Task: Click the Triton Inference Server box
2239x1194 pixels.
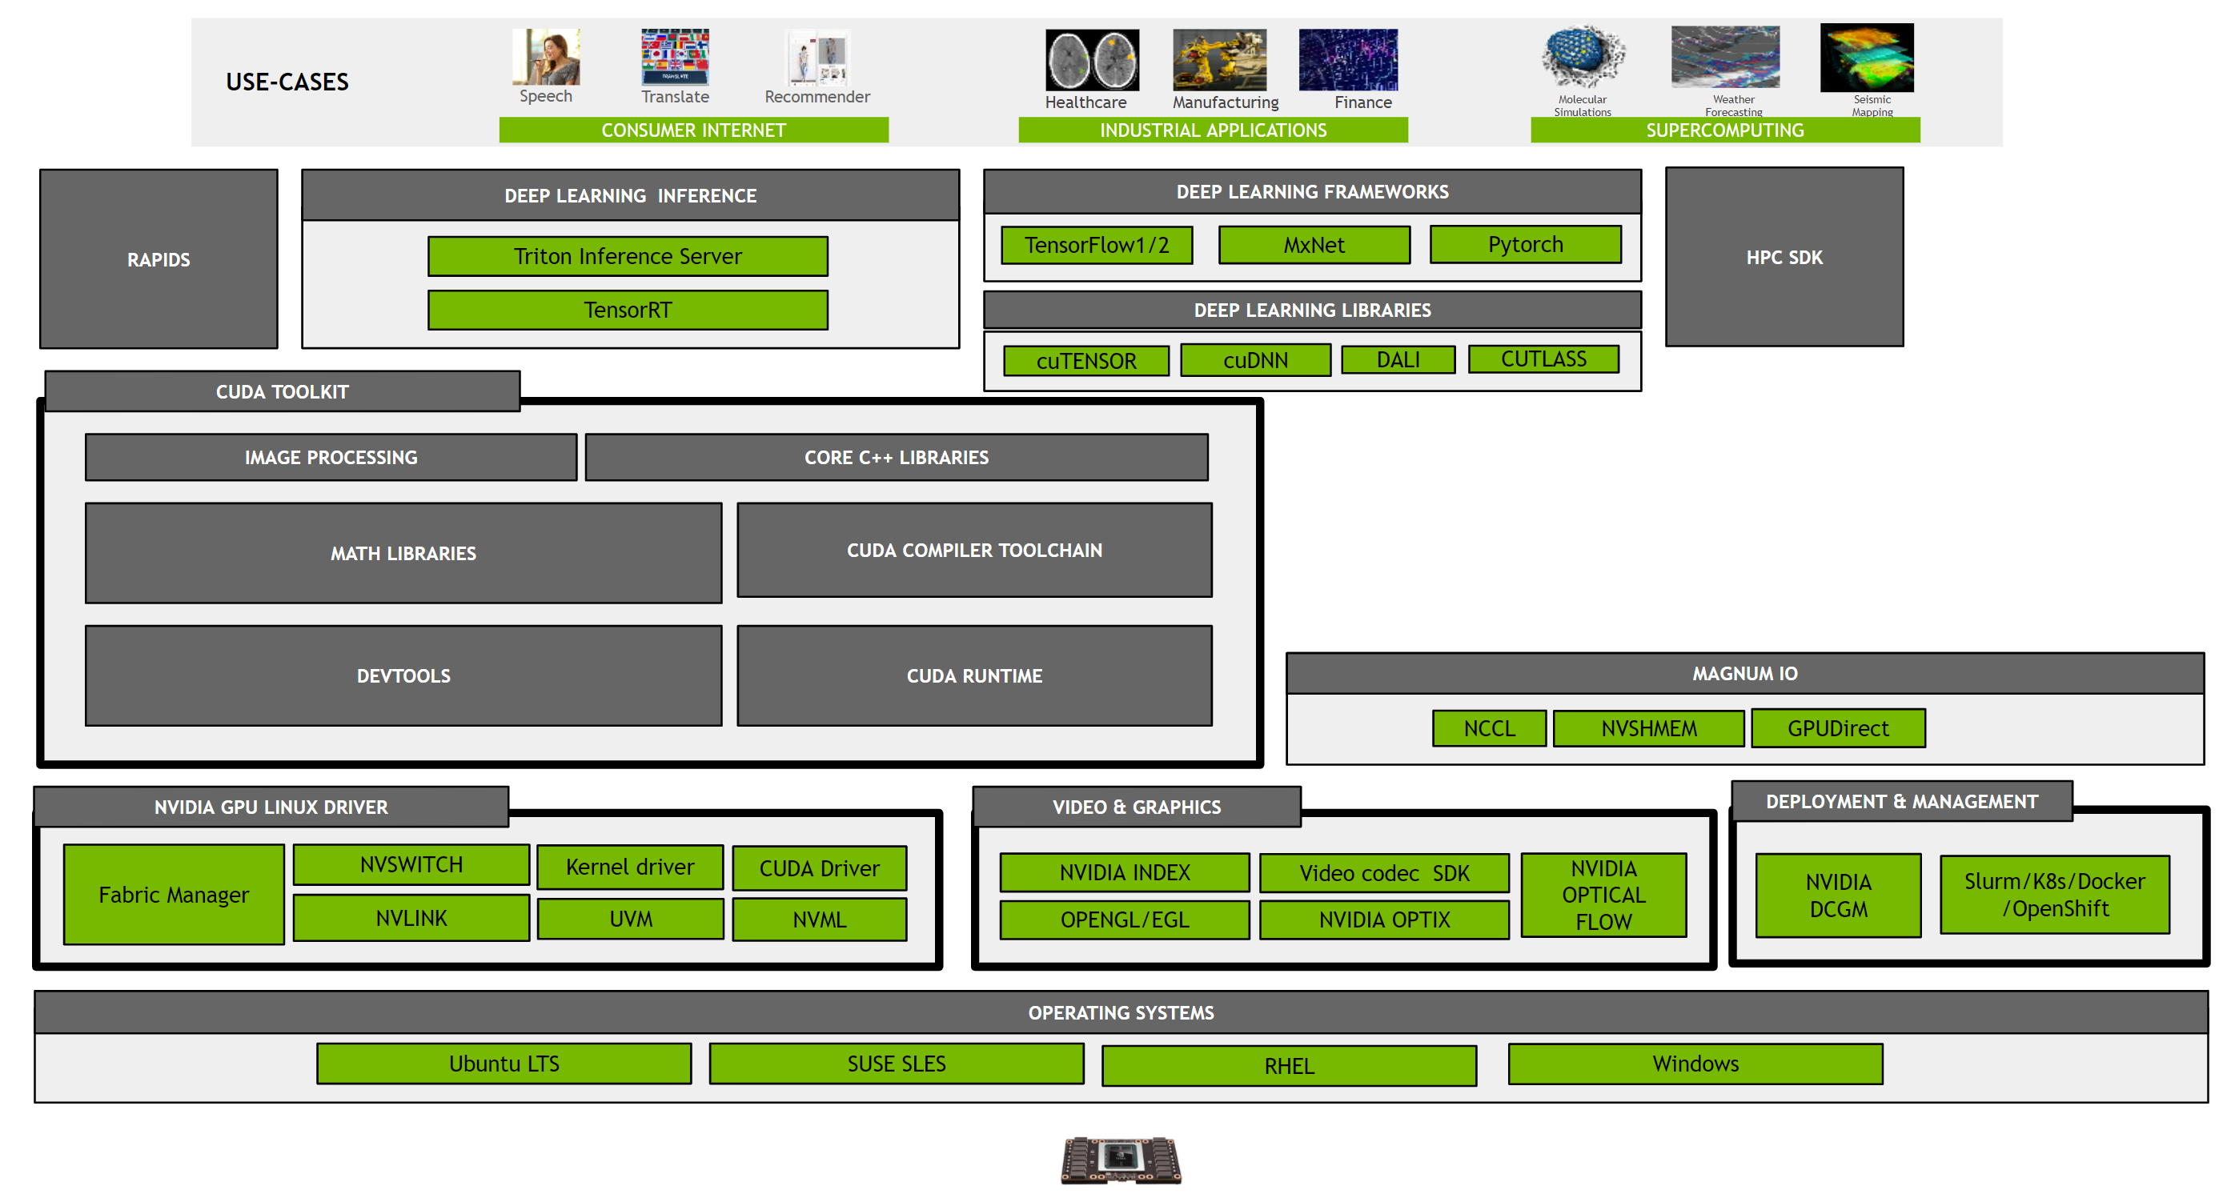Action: coord(628,256)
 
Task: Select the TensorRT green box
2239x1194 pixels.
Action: coord(628,311)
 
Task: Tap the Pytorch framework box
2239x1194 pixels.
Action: coord(1526,244)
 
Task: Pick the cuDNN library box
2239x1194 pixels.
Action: coord(1255,360)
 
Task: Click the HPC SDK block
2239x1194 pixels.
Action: coord(1784,257)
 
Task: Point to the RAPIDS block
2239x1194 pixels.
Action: coord(158,259)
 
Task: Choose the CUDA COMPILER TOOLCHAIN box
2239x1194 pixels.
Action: coord(973,550)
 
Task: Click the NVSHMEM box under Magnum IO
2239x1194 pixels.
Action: coord(1648,728)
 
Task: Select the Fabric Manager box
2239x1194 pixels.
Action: coord(174,894)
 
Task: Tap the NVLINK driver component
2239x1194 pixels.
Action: coord(411,919)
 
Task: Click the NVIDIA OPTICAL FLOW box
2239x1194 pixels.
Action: coord(1603,895)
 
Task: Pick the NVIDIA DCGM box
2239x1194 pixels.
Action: coord(1837,895)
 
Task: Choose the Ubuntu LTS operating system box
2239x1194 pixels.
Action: coord(504,1064)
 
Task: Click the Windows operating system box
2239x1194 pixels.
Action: coord(1695,1064)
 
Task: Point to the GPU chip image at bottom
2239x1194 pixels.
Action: coord(1121,1160)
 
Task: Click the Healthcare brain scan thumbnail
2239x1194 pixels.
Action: coord(1092,60)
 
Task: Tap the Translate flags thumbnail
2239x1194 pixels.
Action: coord(675,57)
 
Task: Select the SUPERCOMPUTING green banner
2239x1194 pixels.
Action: coord(1724,130)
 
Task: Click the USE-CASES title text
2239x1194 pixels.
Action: coord(287,82)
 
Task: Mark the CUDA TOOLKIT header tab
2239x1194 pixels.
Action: coord(282,392)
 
